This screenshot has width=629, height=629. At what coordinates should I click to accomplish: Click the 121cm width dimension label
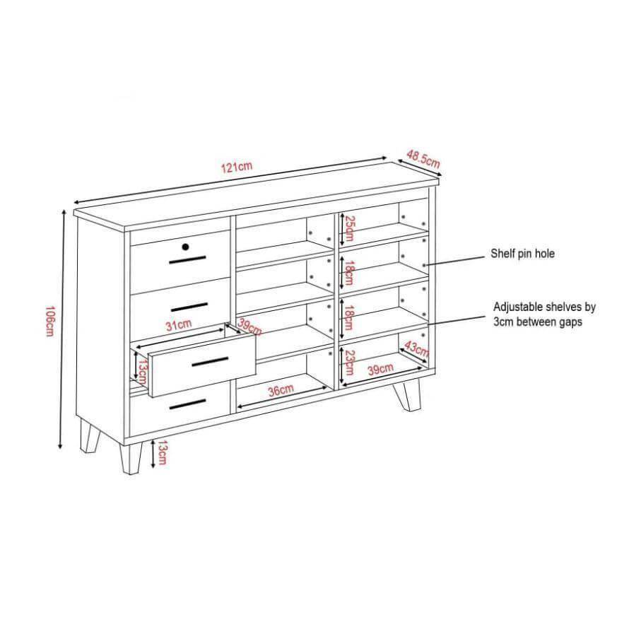[x=237, y=167]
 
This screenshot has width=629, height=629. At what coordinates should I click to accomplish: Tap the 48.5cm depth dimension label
[x=423, y=159]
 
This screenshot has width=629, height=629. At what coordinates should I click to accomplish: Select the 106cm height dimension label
[x=49, y=322]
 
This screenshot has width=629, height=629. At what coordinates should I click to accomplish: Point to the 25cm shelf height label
[x=350, y=228]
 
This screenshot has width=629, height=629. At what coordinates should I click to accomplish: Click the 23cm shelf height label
[x=350, y=363]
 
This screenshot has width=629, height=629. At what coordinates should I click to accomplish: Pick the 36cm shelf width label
[x=281, y=389]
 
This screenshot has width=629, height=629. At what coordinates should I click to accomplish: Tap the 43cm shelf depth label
[x=416, y=348]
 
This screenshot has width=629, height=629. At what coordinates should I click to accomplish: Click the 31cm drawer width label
[x=179, y=324]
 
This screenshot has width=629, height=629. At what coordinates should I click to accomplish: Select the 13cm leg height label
[x=162, y=452]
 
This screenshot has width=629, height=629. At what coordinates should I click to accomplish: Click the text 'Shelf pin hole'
[x=523, y=254]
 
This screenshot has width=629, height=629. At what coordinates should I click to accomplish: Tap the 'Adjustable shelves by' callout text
[x=544, y=307]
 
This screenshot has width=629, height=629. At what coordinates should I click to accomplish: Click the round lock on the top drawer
[x=185, y=247]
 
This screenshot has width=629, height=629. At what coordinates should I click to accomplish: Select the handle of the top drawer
[x=187, y=259]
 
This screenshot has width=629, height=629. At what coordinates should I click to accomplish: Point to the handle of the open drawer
[x=210, y=361]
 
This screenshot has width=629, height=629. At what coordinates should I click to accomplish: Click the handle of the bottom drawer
[x=188, y=404]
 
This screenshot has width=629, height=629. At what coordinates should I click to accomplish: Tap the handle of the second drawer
[x=189, y=307]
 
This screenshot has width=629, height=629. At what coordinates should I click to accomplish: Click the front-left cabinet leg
[x=131, y=459]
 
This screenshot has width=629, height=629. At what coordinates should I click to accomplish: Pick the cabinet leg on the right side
[x=407, y=394]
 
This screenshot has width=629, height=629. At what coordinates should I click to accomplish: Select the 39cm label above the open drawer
[x=249, y=327]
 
